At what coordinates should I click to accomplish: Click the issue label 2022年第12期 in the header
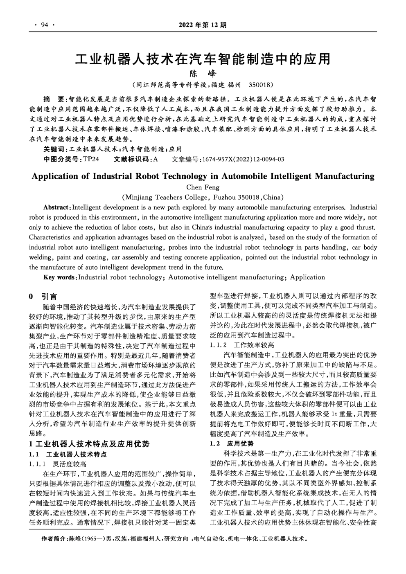[x=203, y=25]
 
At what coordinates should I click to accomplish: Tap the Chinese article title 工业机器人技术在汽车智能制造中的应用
[x=203, y=59]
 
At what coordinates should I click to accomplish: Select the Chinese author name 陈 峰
[x=203, y=74]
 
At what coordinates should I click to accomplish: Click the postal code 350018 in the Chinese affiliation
[x=261, y=86]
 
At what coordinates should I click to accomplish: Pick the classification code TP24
[x=91, y=159]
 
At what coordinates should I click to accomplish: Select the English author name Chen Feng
[x=203, y=187]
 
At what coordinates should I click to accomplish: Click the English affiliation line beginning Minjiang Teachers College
[x=203, y=197]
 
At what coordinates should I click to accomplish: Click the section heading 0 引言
[x=43, y=296]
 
